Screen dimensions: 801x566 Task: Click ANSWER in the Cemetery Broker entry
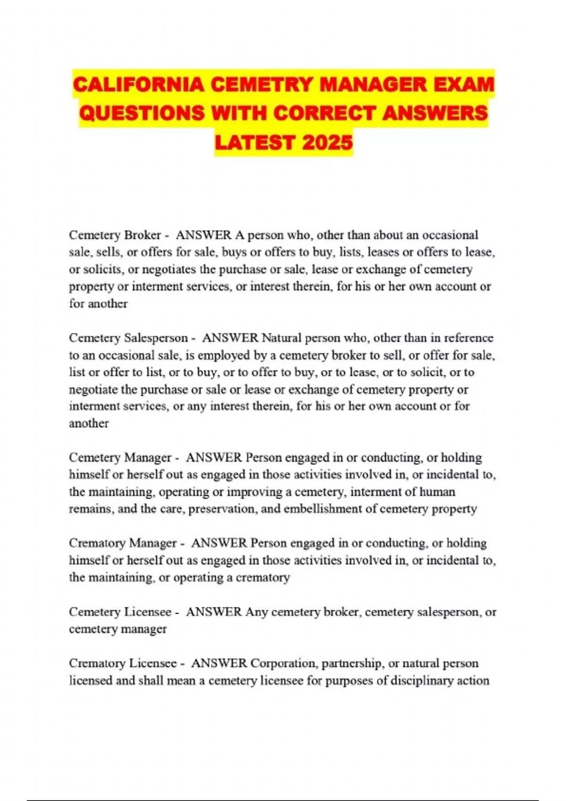coord(203,235)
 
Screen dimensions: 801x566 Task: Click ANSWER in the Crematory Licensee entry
coord(219,663)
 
